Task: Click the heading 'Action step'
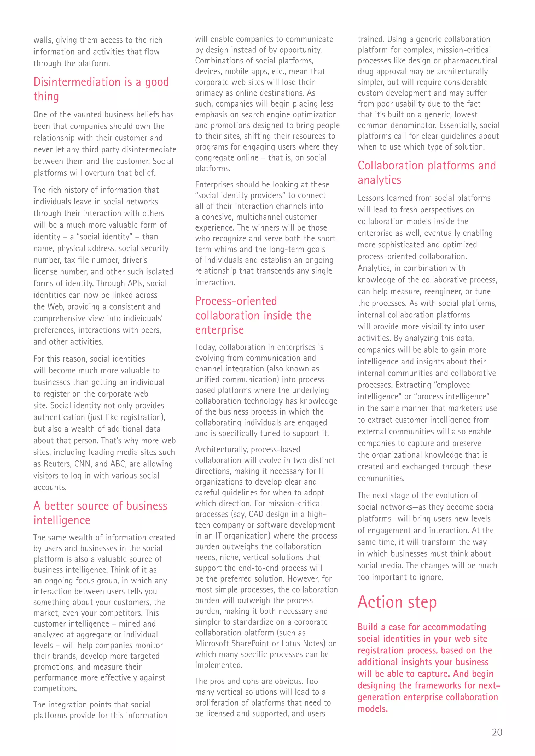point(397,603)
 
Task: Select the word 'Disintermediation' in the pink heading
point(77,82)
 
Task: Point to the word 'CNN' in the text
point(83,464)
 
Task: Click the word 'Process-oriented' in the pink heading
point(236,301)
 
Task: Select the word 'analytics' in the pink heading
point(379,180)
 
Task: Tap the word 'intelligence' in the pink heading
point(62,520)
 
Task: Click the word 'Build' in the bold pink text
point(367,627)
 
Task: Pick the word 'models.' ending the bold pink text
point(373,709)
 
